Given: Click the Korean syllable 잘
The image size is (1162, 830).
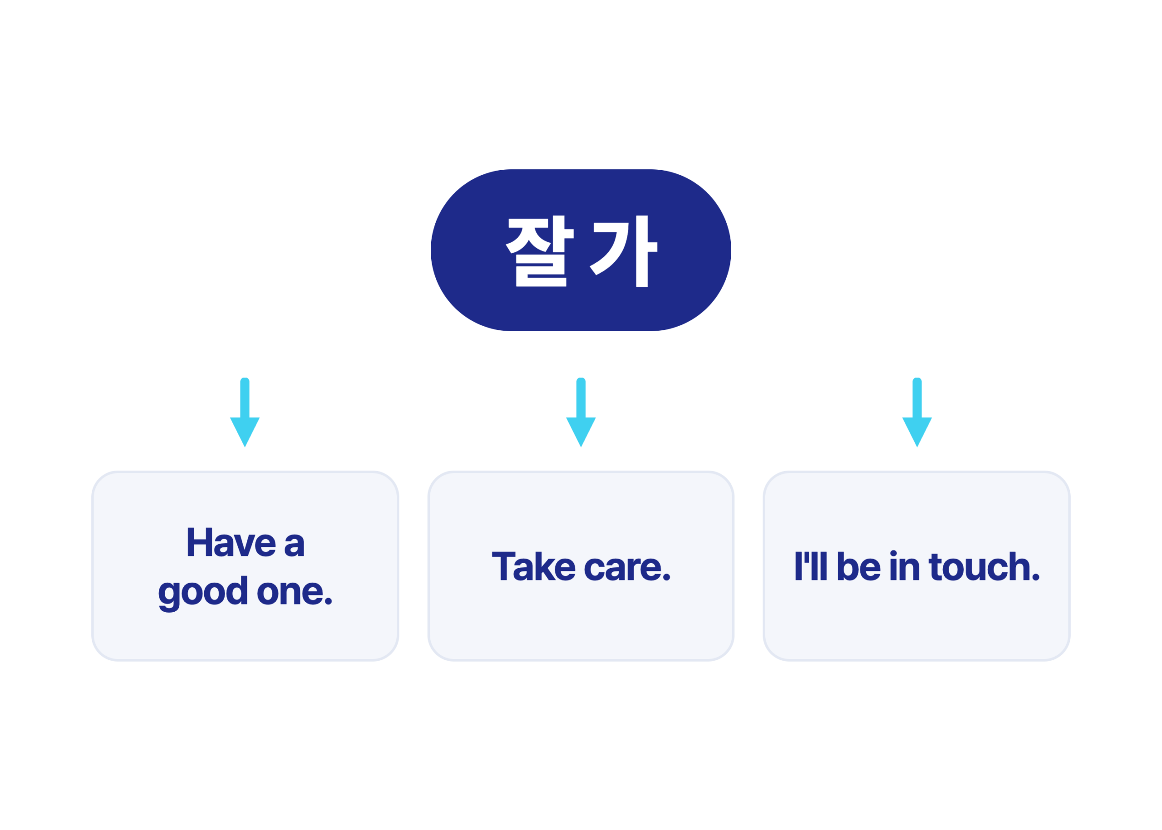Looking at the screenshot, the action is [539, 251].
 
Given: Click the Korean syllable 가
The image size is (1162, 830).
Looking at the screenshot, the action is [623, 251].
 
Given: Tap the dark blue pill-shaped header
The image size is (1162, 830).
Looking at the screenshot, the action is [581, 250].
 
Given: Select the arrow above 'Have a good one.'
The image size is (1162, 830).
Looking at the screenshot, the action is [245, 413].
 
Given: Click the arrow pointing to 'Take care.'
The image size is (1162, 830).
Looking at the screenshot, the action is [581, 413].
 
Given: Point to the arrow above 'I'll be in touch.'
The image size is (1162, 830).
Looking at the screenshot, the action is [917, 413].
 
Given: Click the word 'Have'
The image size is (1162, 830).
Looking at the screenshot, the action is [231, 542].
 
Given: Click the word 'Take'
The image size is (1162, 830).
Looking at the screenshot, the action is [534, 566].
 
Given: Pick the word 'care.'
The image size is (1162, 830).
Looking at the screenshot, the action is [627, 568].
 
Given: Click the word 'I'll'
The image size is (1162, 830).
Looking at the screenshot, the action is [811, 566].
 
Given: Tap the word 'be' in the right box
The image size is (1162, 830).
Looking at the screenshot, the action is [859, 566].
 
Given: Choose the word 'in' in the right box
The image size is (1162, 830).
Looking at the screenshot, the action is [904, 566].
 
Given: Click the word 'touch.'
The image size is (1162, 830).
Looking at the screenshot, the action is [984, 566].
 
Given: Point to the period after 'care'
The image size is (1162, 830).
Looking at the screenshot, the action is [667, 578].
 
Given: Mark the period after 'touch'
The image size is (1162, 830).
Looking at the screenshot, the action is [1036, 577].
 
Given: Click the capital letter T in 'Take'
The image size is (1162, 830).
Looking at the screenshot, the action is [503, 566].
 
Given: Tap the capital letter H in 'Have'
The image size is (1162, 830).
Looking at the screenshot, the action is [199, 542].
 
